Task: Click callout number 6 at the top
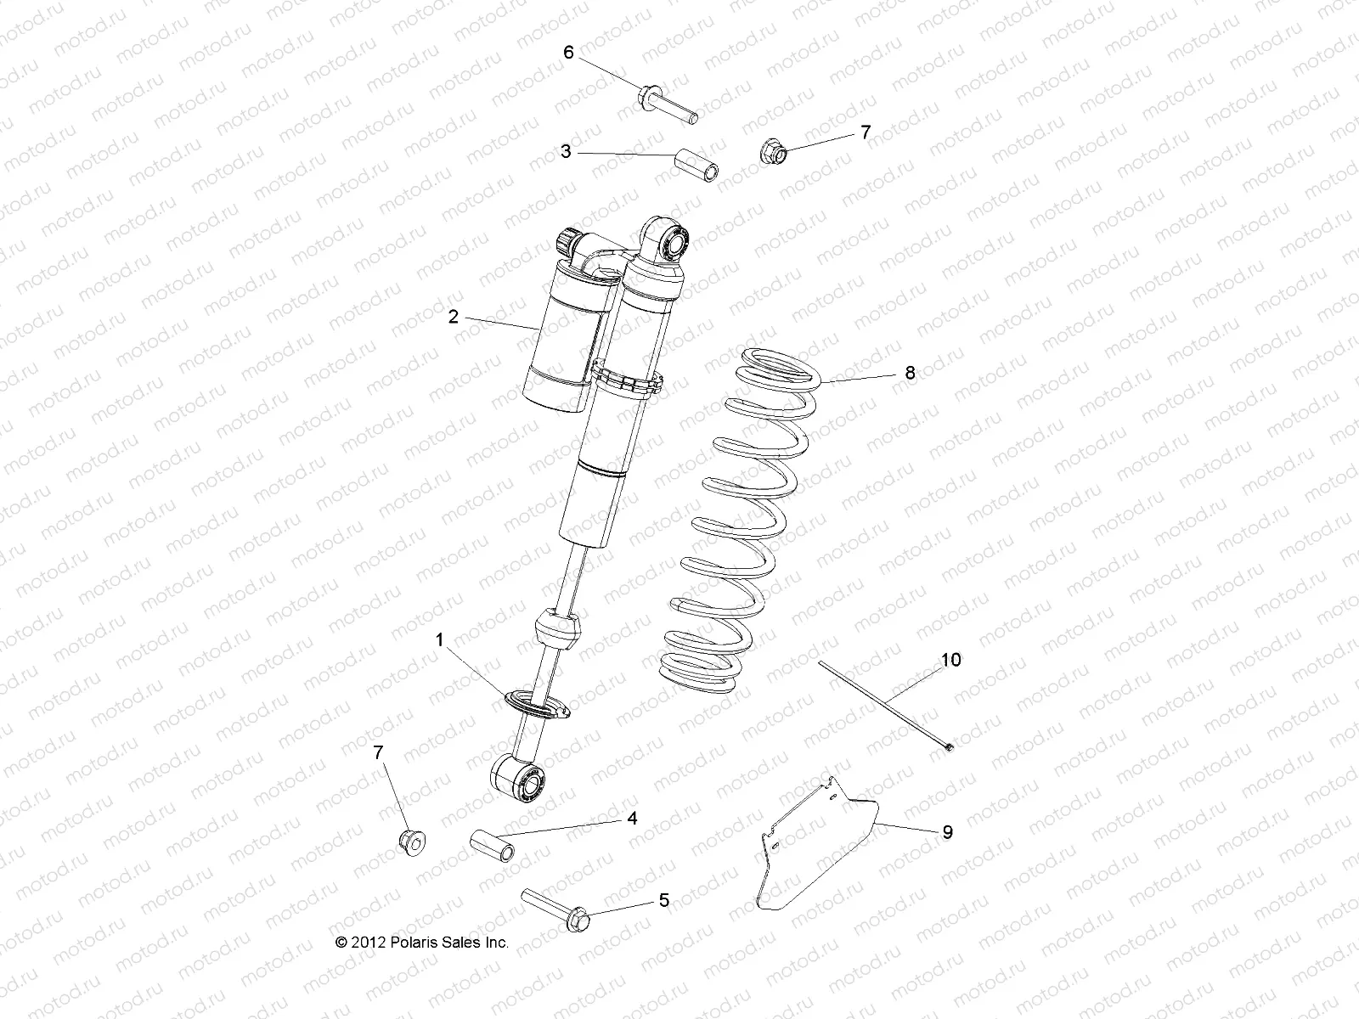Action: click(568, 52)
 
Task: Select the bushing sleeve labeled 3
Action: click(696, 166)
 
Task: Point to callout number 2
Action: click(453, 317)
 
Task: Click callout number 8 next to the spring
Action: click(910, 372)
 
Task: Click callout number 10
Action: click(950, 660)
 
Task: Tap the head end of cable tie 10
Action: click(948, 746)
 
